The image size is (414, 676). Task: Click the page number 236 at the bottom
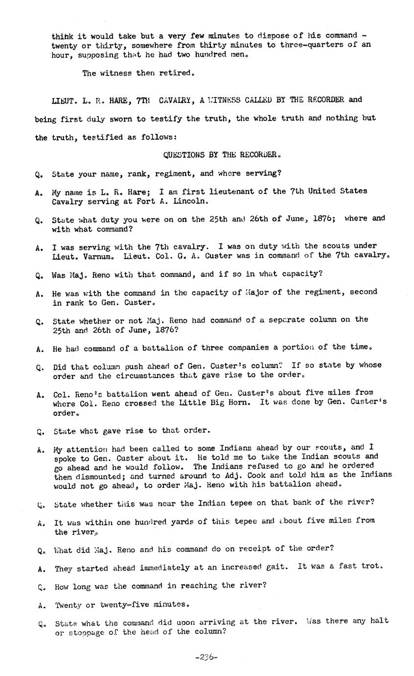tap(206, 657)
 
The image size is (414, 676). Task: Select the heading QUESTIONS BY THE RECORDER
tap(222, 155)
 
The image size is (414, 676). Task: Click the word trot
tap(370, 566)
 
